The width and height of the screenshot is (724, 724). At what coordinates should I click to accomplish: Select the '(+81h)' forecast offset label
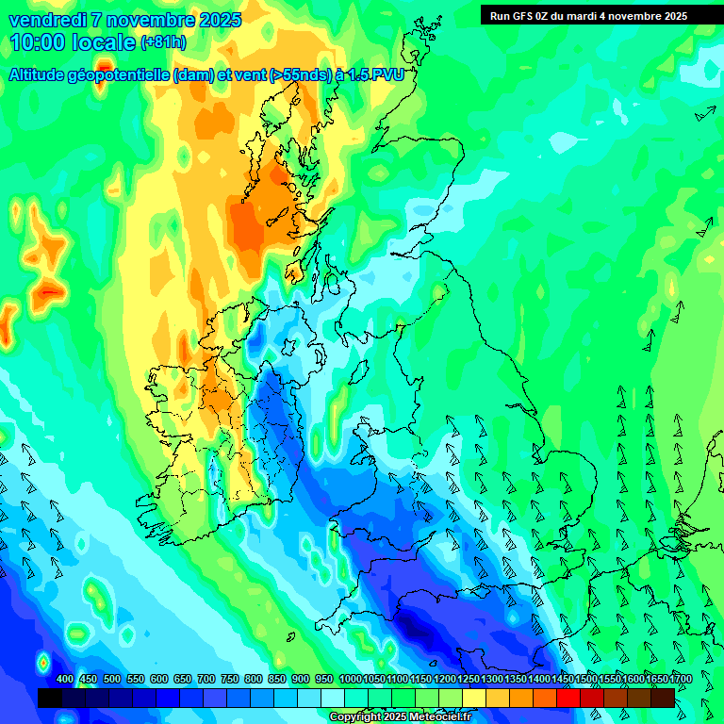(x=163, y=42)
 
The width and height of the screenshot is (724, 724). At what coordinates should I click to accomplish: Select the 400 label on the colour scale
(x=65, y=680)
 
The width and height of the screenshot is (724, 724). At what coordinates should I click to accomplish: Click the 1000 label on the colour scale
(x=350, y=680)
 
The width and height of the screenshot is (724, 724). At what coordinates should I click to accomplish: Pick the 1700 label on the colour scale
(x=655, y=680)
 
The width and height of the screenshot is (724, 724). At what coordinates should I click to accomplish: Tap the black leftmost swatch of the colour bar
(x=49, y=698)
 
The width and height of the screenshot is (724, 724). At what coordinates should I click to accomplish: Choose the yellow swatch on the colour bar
(x=474, y=698)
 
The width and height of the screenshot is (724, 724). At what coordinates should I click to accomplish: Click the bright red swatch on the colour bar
(x=568, y=698)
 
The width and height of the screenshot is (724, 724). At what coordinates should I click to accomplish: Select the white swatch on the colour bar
(x=333, y=698)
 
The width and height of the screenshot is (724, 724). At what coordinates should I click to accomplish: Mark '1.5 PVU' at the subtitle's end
(x=376, y=75)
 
